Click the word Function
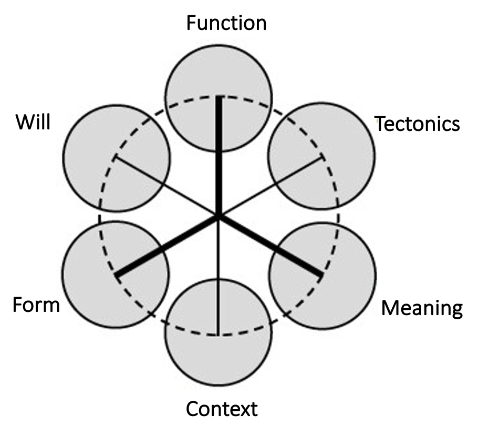click(x=226, y=24)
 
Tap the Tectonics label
click(x=418, y=124)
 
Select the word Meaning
click(x=422, y=308)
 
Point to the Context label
click(x=222, y=408)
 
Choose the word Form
click(x=36, y=305)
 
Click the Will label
click(x=33, y=123)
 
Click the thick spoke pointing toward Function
click(x=219, y=158)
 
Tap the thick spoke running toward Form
click(x=168, y=245)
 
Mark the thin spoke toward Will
click(x=168, y=187)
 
